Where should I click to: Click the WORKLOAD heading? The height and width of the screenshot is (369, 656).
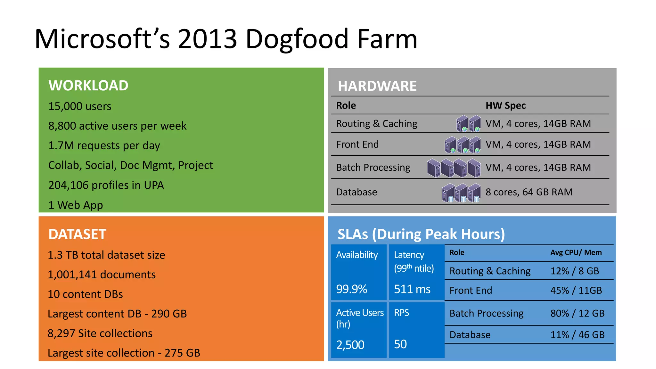tap(88, 86)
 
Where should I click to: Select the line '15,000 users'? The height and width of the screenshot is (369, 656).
tap(79, 106)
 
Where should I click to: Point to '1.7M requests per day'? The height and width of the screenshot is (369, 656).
tap(104, 145)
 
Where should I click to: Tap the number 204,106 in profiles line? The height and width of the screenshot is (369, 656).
tap(68, 185)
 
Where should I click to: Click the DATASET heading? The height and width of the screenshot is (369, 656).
tap(77, 234)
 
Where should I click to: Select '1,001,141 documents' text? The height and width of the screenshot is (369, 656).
tap(102, 275)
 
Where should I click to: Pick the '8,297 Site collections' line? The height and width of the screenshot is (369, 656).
tap(100, 333)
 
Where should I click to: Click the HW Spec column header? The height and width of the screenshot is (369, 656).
tap(505, 105)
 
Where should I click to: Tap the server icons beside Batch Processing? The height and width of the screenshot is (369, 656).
tap(454, 168)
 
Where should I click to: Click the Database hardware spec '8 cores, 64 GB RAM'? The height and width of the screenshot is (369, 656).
tap(529, 192)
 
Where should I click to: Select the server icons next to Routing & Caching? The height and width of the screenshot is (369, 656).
tap(468, 124)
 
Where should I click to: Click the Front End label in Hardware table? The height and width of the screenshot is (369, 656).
tap(357, 144)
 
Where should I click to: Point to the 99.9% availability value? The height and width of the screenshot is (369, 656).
tap(351, 289)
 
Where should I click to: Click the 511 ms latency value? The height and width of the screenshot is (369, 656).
tap(412, 289)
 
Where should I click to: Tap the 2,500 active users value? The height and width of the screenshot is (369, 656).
tap(350, 345)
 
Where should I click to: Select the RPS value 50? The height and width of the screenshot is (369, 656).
tap(400, 344)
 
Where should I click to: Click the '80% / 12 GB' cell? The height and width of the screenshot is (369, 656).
tap(577, 313)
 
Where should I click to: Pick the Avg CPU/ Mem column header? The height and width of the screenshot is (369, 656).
tap(576, 252)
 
